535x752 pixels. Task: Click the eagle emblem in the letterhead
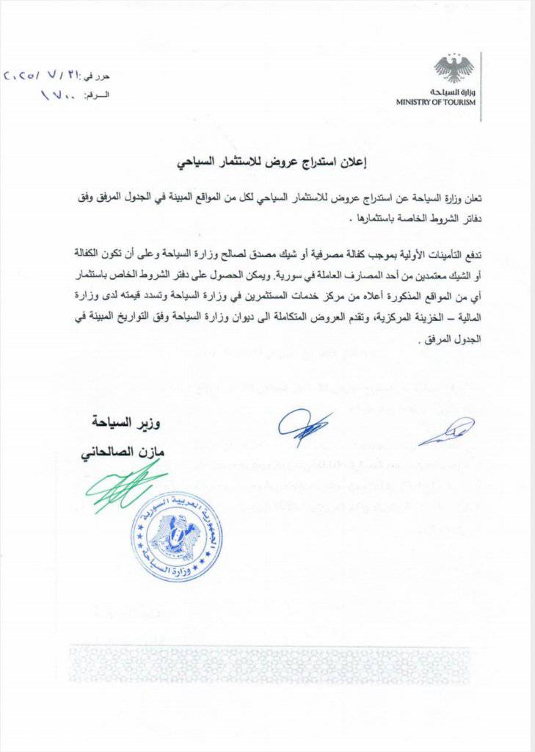[454, 68]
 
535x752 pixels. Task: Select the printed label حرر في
[100, 77]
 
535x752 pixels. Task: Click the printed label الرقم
[98, 96]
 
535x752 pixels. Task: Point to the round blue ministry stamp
[177, 536]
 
